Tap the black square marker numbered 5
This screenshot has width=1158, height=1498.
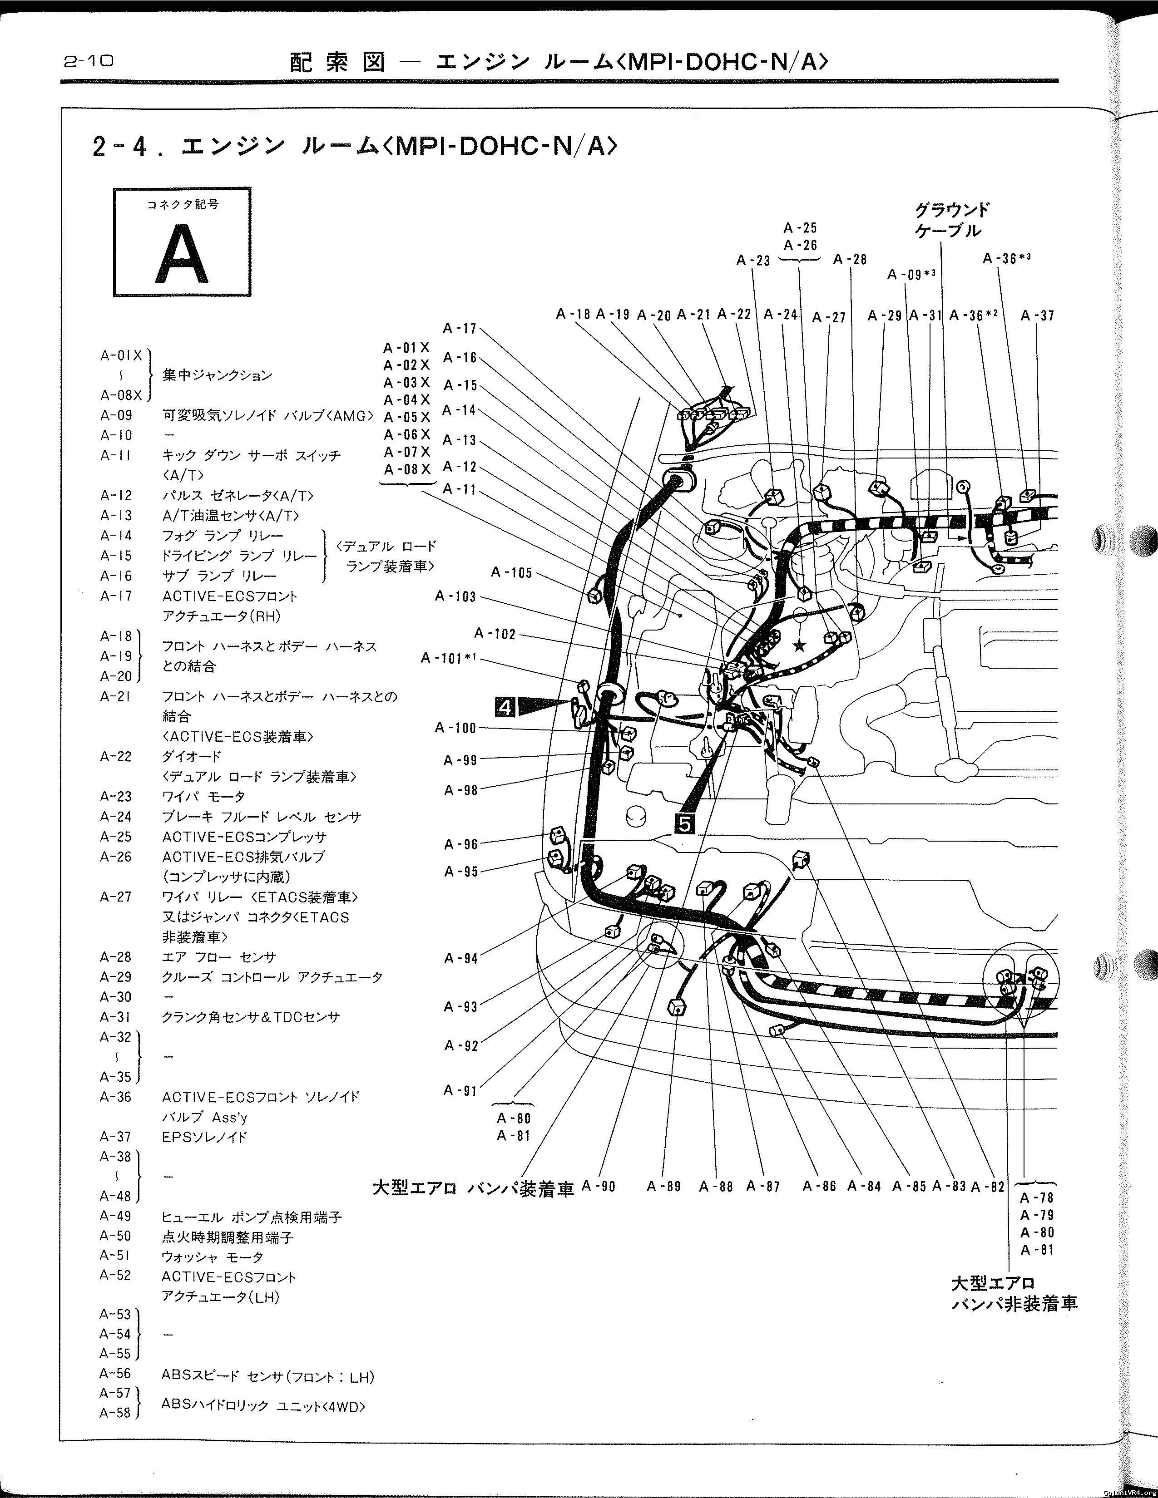(685, 823)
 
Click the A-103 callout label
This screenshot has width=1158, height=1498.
(455, 597)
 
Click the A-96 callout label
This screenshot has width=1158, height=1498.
(460, 844)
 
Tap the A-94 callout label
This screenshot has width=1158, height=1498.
(460, 958)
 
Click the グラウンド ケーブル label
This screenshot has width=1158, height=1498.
(951, 220)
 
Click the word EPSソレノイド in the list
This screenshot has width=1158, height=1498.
(204, 1137)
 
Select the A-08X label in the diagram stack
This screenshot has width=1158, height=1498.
(407, 470)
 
